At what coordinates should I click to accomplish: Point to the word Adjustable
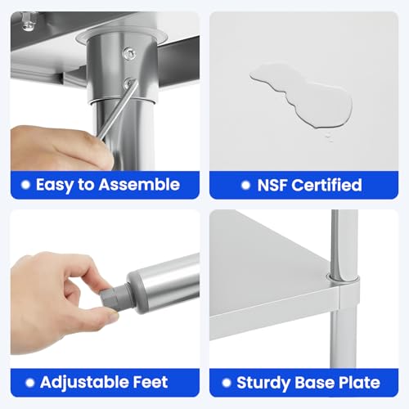(x=84, y=383)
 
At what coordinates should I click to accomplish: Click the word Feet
(x=151, y=382)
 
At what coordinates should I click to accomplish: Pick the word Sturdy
(x=263, y=384)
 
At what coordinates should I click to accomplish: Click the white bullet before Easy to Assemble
(x=25, y=185)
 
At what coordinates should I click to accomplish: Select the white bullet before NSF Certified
(x=245, y=186)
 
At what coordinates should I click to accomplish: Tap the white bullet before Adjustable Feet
(x=30, y=383)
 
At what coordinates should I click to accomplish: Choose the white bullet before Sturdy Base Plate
(x=227, y=383)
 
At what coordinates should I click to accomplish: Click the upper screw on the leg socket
(x=129, y=53)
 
